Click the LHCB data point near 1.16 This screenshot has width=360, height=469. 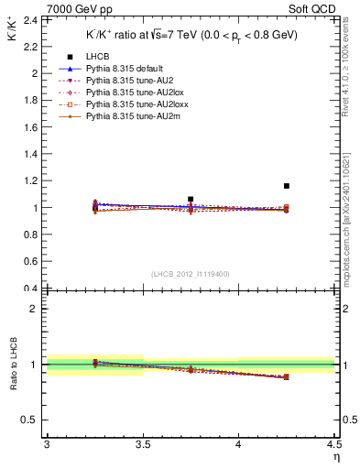click(x=287, y=186)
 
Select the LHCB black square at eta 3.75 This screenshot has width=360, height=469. click(x=191, y=199)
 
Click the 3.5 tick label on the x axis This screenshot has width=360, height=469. click(x=143, y=444)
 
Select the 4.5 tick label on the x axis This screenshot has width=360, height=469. click(x=333, y=444)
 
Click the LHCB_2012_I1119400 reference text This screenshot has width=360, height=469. click(x=191, y=274)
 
